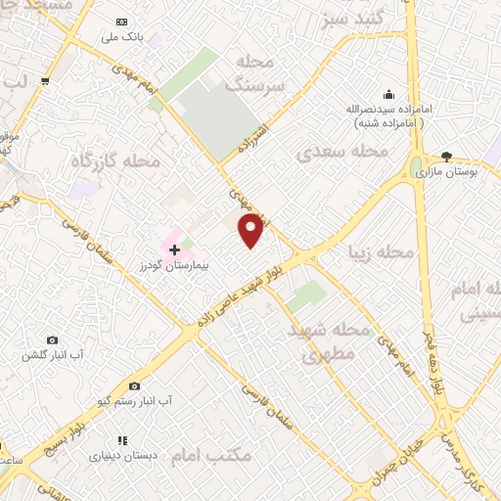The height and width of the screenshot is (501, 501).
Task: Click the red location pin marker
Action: [x=251, y=231]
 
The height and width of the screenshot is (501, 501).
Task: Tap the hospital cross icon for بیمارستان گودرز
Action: [x=175, y=250]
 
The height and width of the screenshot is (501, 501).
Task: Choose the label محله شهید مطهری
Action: [x=331, y=342]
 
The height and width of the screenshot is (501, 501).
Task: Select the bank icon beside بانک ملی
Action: [x=121, y=22]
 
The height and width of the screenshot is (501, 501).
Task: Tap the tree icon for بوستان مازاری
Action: [x=447, y=156]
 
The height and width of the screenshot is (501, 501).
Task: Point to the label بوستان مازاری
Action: [x=446, y=171]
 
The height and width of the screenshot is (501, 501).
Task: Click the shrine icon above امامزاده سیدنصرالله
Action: [x=388, y=95]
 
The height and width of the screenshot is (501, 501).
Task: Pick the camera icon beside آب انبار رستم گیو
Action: [x=134, y=387]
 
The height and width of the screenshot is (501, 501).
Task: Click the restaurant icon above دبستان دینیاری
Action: [x=122, y=441]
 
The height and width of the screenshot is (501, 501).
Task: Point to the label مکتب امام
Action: [x=211, y=455]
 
